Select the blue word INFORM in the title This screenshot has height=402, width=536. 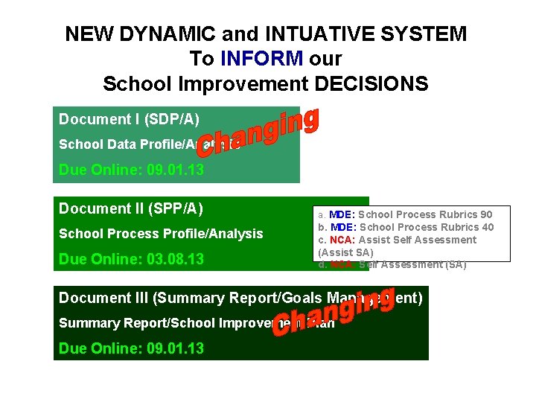[x=261, y=59]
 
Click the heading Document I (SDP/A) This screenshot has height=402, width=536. [x=129, y=119]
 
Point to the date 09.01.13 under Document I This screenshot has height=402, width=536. [x=175, y=170]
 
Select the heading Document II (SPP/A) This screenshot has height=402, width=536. [x=131, y=208]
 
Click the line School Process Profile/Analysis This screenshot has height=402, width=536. [x=161, y=234]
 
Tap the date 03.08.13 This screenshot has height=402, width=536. [x=175, y=259]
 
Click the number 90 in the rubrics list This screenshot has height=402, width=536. [x=485, y=214]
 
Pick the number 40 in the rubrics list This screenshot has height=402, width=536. [x=487, y=227]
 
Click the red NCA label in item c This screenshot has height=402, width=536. [x=341, y=240]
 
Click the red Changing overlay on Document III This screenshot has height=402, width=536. [x=333, y=313]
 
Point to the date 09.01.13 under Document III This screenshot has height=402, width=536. [x=175, y=348]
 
